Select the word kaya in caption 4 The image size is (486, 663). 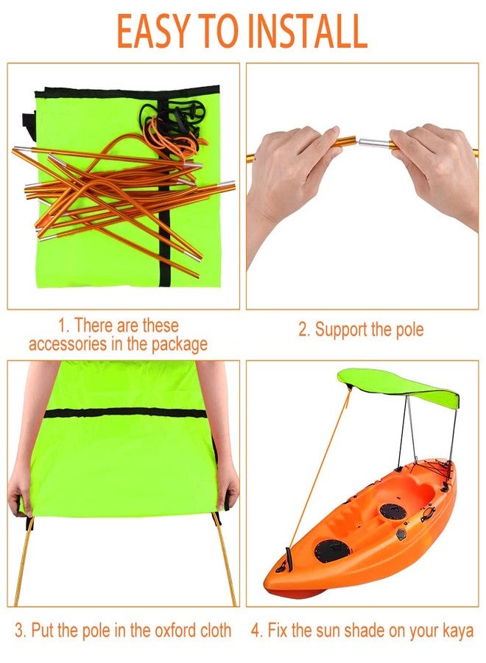pyautogui.click(x=457, y=631)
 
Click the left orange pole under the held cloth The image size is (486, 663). pyautogui.click(x=24, y=560)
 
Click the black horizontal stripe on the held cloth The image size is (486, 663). pyautogui.click(x=125, y=413)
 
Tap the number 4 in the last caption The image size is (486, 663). pyautogui.click(x=256, y=631)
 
